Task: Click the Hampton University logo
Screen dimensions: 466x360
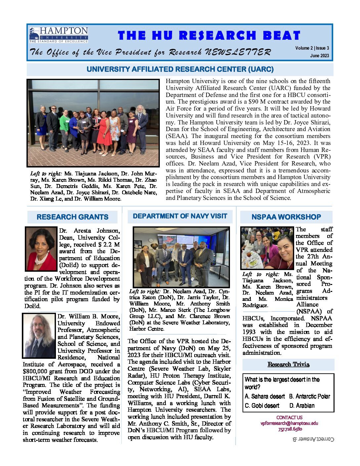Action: (x=59, y=35)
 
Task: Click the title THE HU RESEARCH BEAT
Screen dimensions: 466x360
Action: (x=209, y=35)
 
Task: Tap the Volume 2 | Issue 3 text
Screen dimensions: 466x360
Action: (x=312, y=48)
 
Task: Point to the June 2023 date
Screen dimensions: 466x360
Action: (x=319, y=56)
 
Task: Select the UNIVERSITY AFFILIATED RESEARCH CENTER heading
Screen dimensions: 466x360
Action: (x=180, y=70)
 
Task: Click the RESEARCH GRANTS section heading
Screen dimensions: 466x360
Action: (x=72, y=217)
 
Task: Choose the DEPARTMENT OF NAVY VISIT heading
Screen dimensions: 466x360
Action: (x=180, y=216)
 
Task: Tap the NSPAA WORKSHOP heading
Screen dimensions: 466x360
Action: (x=286, y=217)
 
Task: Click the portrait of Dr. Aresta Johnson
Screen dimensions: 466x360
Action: (x=41, y=249)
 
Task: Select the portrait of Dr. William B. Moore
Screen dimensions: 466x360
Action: (x=39, y=336)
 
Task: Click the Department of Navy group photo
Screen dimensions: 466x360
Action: (x=181, y=257)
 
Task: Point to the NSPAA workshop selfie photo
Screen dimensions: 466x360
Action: (x=267, y=248)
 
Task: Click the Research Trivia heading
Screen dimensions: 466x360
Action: (x=289, y=364)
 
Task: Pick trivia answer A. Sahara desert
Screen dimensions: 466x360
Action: (x=265, y=396)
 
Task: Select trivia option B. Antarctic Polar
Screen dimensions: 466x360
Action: (x=310, y=396)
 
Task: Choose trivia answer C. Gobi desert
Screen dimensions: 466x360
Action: (x=262, y=406)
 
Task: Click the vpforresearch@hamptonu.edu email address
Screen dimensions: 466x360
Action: (x=289, y=423)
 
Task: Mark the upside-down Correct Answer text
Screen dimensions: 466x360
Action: (x=314, y=439)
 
